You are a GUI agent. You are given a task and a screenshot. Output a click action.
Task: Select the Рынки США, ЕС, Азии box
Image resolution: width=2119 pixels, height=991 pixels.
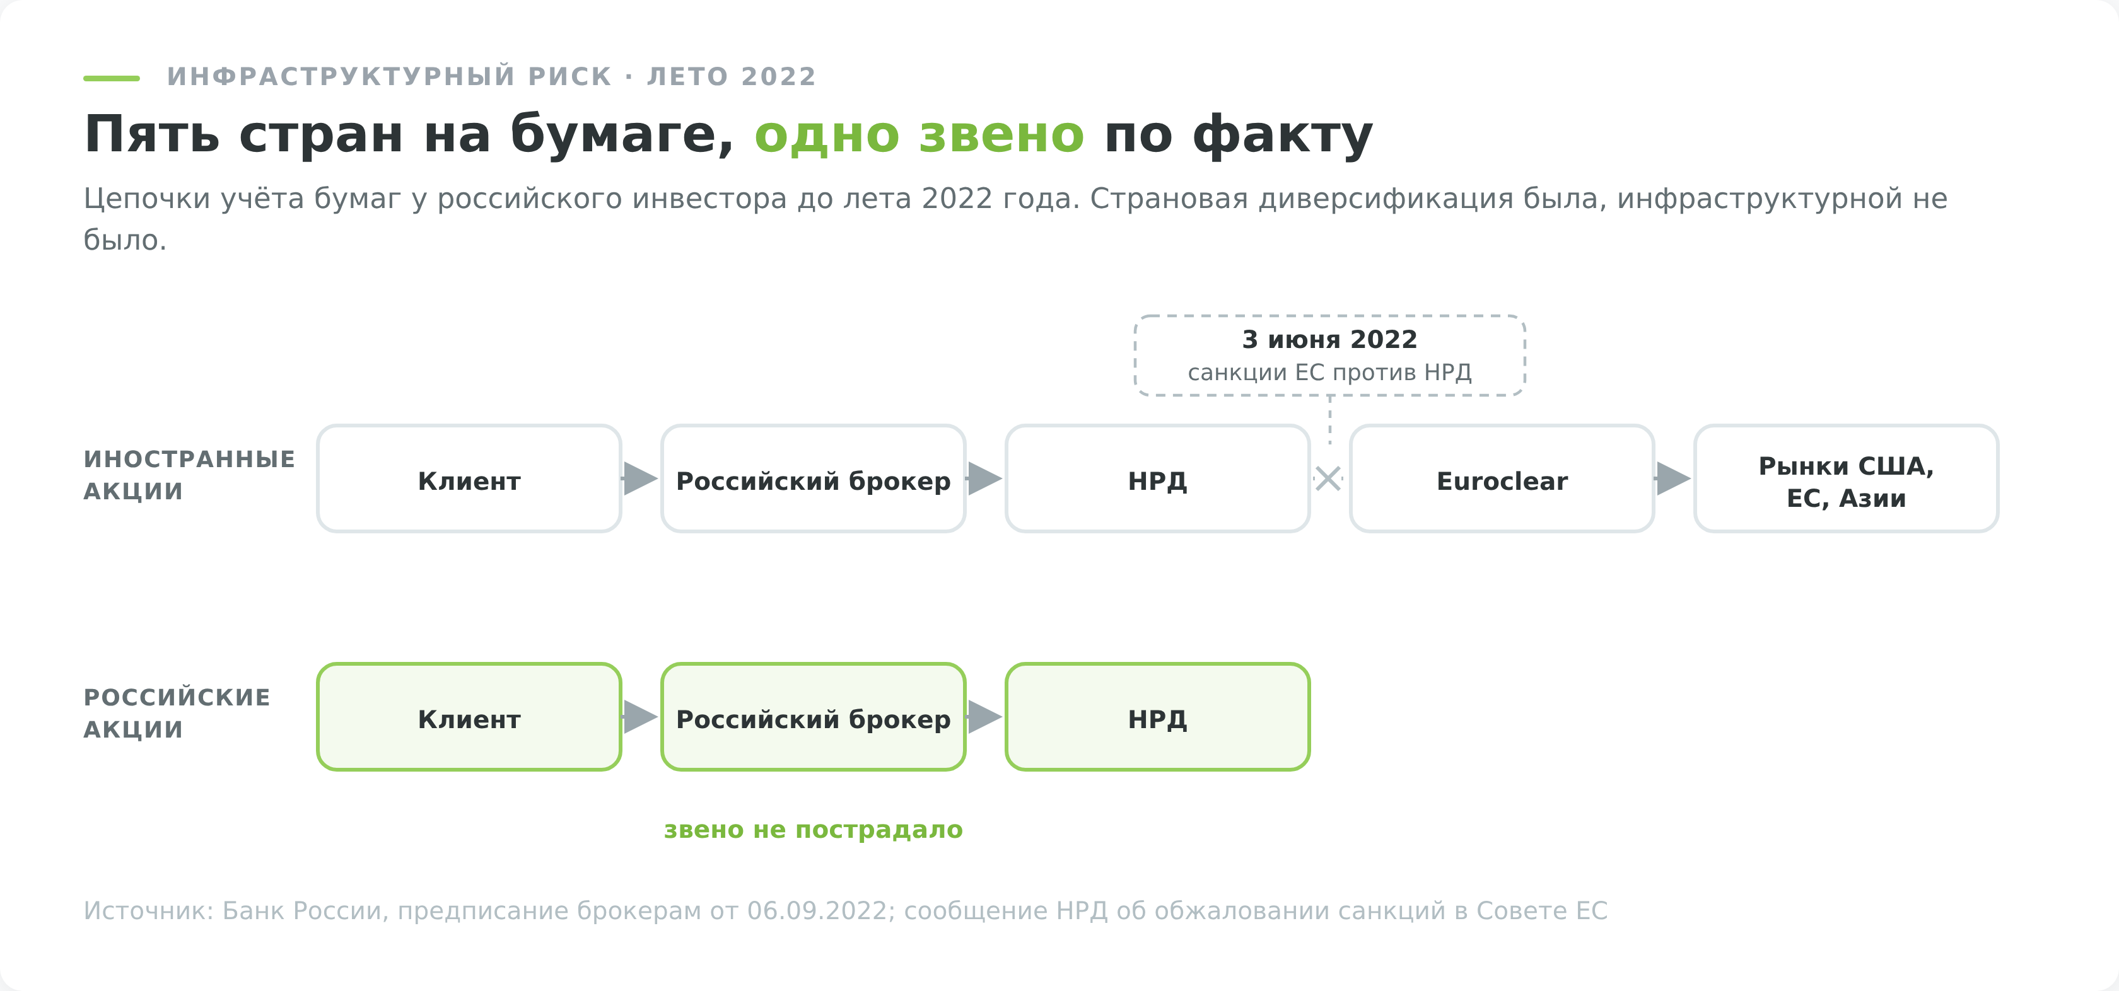pos(1846,478)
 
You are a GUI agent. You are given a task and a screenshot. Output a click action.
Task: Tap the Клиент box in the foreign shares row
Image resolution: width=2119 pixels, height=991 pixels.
pos(469,478)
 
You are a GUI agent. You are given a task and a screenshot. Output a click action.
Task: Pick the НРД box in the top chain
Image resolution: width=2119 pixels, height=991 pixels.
pos(1157,478)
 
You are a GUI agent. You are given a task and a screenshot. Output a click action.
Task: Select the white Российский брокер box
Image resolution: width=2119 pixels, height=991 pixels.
pos(814,478)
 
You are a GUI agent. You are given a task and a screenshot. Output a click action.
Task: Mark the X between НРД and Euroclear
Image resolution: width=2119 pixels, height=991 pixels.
pos(1329,478)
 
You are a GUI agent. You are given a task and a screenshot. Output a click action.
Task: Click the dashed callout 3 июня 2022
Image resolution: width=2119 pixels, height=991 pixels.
pos(1330,356)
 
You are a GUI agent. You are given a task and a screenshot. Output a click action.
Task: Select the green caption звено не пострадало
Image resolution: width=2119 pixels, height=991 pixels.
pos(814,830)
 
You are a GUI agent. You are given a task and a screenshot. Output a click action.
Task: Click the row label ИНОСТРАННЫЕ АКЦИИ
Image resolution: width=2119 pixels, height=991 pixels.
pos(189,475)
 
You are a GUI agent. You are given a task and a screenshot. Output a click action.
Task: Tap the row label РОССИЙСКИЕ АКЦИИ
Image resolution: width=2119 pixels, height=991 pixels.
pos(177,714)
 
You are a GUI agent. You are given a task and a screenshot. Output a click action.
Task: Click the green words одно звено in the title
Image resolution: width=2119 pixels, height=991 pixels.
pos(919,135)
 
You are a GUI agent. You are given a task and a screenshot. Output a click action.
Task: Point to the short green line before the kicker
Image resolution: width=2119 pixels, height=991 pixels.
pos(112,78)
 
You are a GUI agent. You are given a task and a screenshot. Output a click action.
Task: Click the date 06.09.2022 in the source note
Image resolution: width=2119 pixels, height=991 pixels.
pos(817,911)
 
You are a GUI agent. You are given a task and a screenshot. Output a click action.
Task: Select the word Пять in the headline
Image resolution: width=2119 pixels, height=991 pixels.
pos(152,134)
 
